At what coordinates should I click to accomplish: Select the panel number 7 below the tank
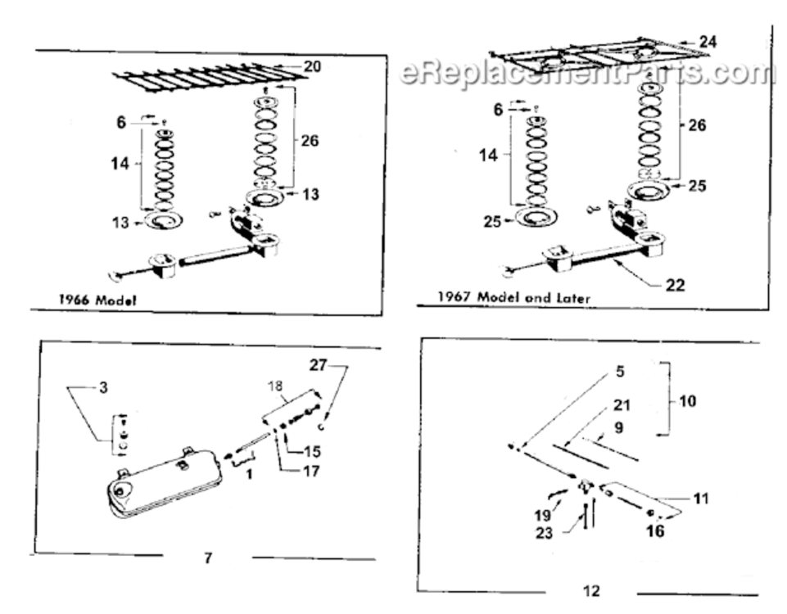click(208, 558)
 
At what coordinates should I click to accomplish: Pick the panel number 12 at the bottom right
click(591, 590)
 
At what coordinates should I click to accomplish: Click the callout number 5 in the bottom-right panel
click(621, 371)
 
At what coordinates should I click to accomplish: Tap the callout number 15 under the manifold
click(312, 451)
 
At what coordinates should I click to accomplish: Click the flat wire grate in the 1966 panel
click(209, 77)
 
